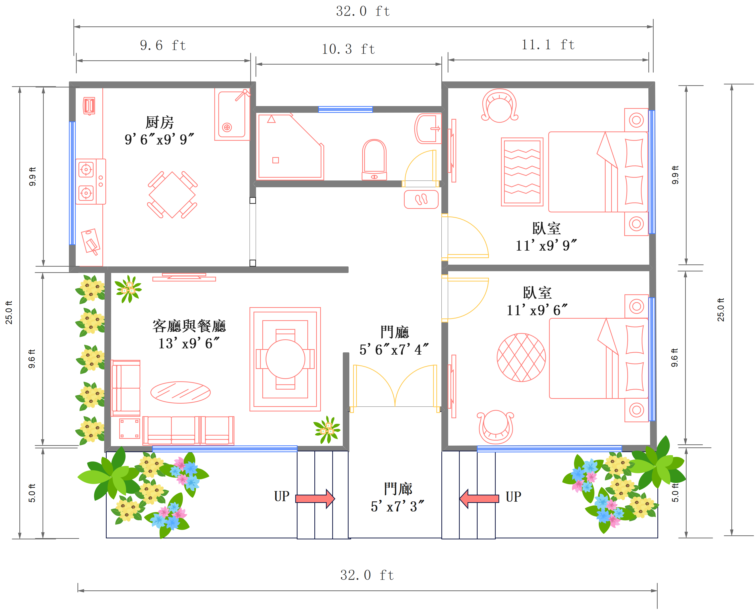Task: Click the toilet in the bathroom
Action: pyautogui.click(x=374, y=160)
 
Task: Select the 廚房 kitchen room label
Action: pyautogui.click(x=159, y=122)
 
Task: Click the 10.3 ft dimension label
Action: pyautogui.click(x=348, y=49)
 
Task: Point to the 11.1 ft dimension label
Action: pyautogui.click(x=548, y=45)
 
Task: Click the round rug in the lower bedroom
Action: pyautogui.click(x=521, y=357)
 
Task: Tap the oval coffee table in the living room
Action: pyautogui.click(x=180, y=392)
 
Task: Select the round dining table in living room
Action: pyautogui.click(x=285, y=359)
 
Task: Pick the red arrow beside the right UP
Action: pyautogui.click(x=479, y=498)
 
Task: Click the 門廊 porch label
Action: pyautogui.click(x=398, y=489)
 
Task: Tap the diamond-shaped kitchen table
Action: pyautogui.click(x=172, y=195)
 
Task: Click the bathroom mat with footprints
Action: pyautogui.click(x=421, y=200)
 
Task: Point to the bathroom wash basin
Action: pyautogui.click(x=428, y=128)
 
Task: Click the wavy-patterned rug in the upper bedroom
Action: pyautogui.click(x=522, y=172)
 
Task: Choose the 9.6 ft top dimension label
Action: pyautogui.click(x=163, y=45)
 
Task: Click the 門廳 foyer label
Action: pyautogui.click(x=394, y=332)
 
